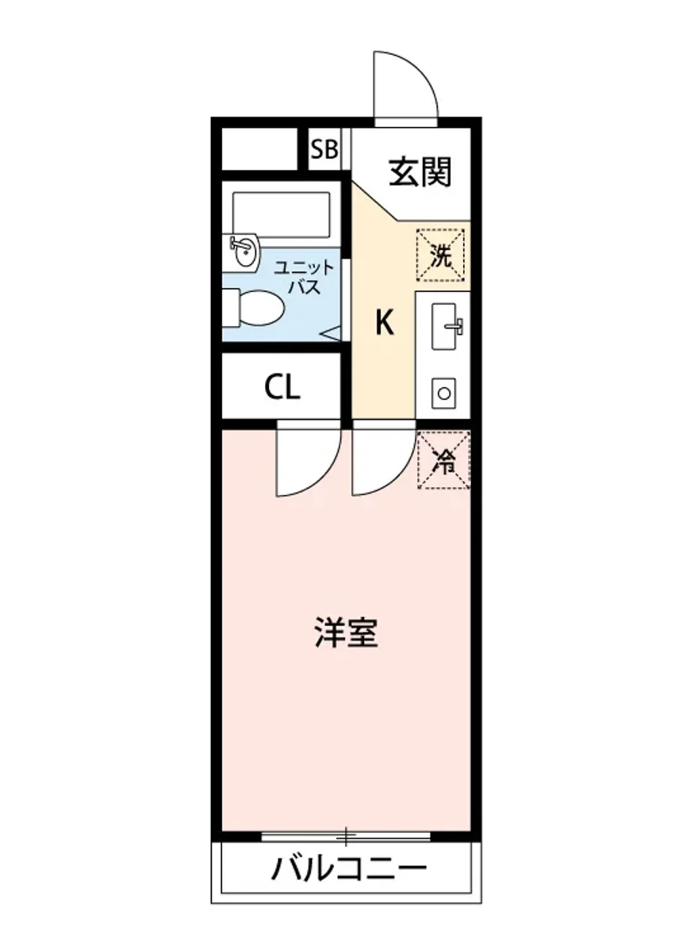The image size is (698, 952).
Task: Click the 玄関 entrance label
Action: tap(420, 171)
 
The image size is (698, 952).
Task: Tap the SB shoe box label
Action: tap(324, 150)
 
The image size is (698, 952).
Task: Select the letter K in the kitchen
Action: tap(384, 323)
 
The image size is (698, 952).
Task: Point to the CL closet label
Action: tap(282, 387)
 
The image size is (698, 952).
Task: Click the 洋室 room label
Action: tap(345, 633)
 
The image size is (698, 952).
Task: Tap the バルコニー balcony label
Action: tap(349, 870)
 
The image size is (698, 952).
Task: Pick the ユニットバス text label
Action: tap(304, 277)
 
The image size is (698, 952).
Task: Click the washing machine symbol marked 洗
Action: tap(441, 255)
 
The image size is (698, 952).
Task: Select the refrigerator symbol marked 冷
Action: tap(444, 461)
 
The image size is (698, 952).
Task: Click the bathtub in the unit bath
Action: tap(280, 214)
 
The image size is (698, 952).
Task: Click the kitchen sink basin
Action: tap(444, 326)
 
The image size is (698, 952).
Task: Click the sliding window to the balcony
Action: tap(346, 835)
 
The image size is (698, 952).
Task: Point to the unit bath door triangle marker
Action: tap(331, 335)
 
